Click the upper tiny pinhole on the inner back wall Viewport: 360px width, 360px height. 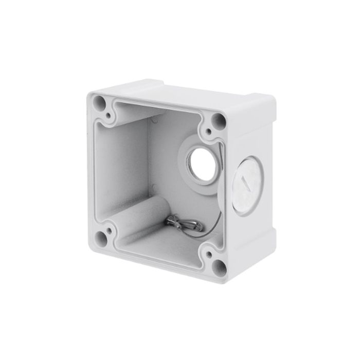click(x=154, y=120)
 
